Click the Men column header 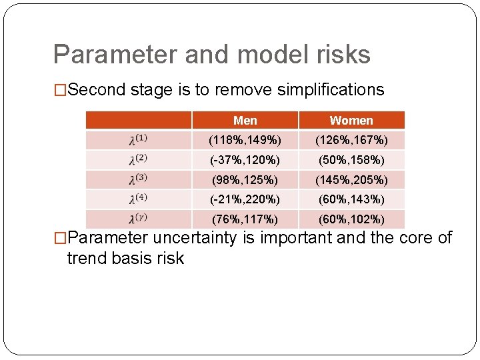(245, 121)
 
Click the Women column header (351, 121)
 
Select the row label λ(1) (139, 140)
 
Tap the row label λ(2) (139, 160)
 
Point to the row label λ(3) (139, 180)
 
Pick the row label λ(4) (139, 199)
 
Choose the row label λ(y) (139, 219)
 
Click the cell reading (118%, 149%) (245, 140)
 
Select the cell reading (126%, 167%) (351, 140)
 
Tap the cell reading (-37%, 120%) (245, 160)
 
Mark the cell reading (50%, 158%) (351, 160)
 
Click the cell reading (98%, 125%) (245, 180)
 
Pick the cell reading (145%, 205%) (351, 180)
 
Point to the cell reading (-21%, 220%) (245, 199)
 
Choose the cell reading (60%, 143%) (351, 199)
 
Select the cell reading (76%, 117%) (245, 219)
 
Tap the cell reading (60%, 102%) (351, 219)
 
